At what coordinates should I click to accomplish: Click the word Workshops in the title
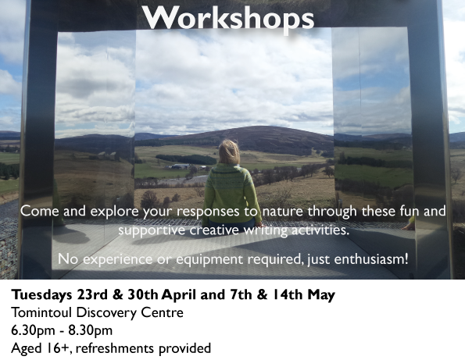pos(227,19)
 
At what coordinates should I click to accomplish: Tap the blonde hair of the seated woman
pos(229,152)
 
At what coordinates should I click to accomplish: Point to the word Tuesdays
pos(41,295)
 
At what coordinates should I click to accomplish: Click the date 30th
pos(143,294)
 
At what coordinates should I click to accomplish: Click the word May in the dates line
pos(321,295)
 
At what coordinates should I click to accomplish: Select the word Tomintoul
pos(41,312)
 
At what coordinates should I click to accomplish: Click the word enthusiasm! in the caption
pos(371,259)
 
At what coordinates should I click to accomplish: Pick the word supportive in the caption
pos(152,230)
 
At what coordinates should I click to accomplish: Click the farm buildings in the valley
pos(181,166)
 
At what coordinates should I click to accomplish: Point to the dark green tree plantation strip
pos(186,159)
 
